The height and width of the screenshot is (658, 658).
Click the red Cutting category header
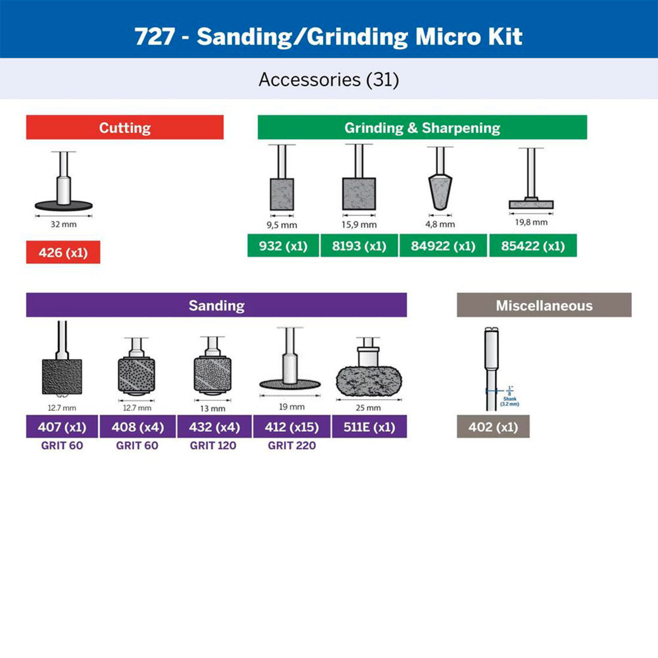[124, 127]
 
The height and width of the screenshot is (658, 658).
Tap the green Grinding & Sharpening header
[422, 127]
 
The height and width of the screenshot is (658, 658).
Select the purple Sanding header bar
[216, 305]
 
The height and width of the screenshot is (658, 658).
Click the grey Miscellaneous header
[544, 305]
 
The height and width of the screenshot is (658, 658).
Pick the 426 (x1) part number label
[63, 252]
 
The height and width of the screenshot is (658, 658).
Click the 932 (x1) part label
[283, 246]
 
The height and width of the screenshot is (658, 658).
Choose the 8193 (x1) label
[359, 246]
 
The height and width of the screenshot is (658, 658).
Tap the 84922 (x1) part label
[443, 246]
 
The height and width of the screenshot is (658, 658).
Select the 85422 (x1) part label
[532, 246]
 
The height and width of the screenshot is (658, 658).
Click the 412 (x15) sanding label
[291, 427]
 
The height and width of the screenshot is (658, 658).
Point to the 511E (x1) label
[369, 427]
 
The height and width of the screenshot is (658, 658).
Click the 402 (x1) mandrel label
[493, 427]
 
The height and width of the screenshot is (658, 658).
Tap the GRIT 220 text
[291, 446]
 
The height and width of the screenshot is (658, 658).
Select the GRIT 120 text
[213, 446]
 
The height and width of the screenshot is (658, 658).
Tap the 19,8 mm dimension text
[531, 222]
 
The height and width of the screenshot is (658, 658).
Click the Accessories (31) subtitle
[328, 79]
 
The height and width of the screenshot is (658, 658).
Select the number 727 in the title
[154, 36]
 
